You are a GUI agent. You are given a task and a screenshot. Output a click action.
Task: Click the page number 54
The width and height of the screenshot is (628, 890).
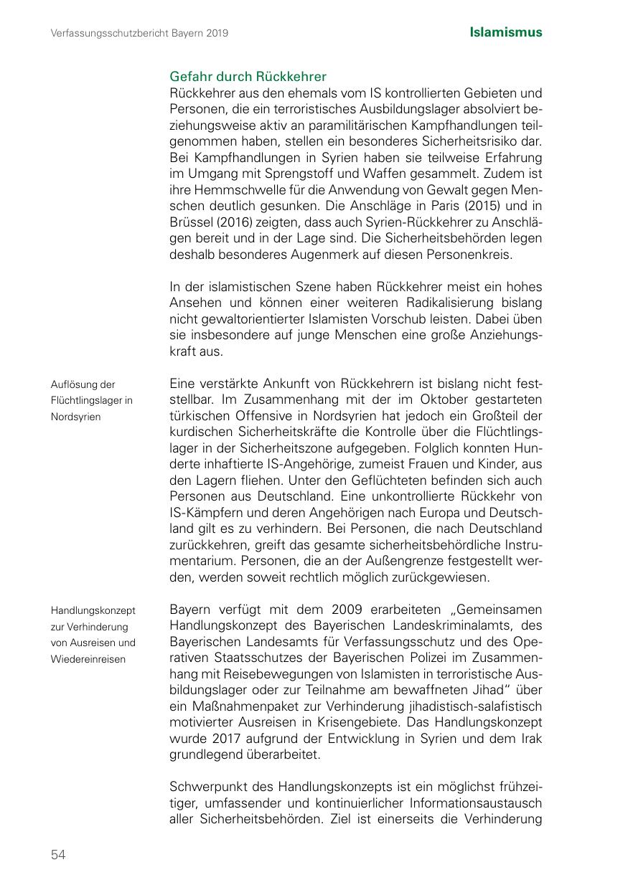pyautogui.click(x=58, y=853)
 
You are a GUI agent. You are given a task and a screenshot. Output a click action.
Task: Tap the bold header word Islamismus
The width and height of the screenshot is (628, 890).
pyautogui.click(x=506, y=32)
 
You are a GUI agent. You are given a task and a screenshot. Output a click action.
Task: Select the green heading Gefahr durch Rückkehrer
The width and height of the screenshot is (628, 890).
pyautogui.click(x=248, y=77)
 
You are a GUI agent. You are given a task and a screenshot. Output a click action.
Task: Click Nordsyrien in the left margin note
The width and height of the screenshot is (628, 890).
pyautogui.click(x=76, y=417)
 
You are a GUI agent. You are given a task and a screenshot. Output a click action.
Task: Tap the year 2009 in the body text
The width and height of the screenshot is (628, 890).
pyautogui.click(x=348, y=610)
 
